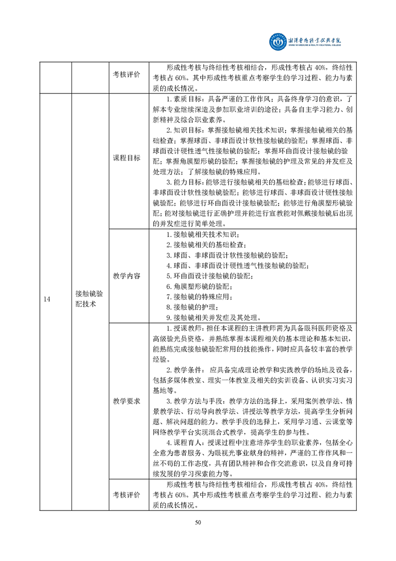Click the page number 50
click(198, 522)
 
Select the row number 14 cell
click(47, 299)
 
